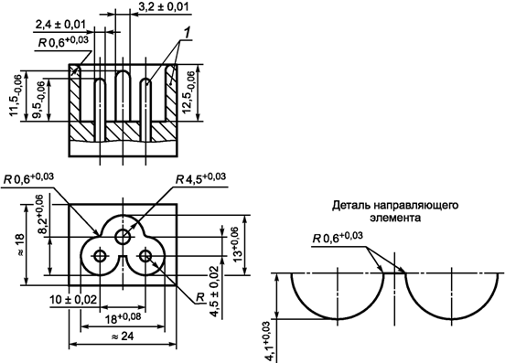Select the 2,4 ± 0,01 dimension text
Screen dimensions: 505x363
tap(60, 25)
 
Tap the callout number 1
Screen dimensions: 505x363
tap(188, 33)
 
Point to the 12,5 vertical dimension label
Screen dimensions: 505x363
tap(189, 92)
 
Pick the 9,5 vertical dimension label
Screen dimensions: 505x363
tap(39, 100)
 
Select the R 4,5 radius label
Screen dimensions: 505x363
tap(200, 178)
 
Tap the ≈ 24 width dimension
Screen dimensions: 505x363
tap(123, 336)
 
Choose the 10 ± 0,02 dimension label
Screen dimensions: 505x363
tap(73, 300)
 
